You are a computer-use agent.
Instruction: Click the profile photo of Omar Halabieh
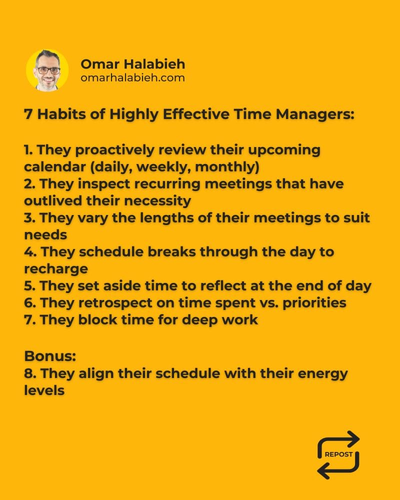(x=47, y=70)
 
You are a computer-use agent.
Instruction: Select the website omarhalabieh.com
(x=132, y=78)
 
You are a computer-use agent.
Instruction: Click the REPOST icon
(x=338, y=454)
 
